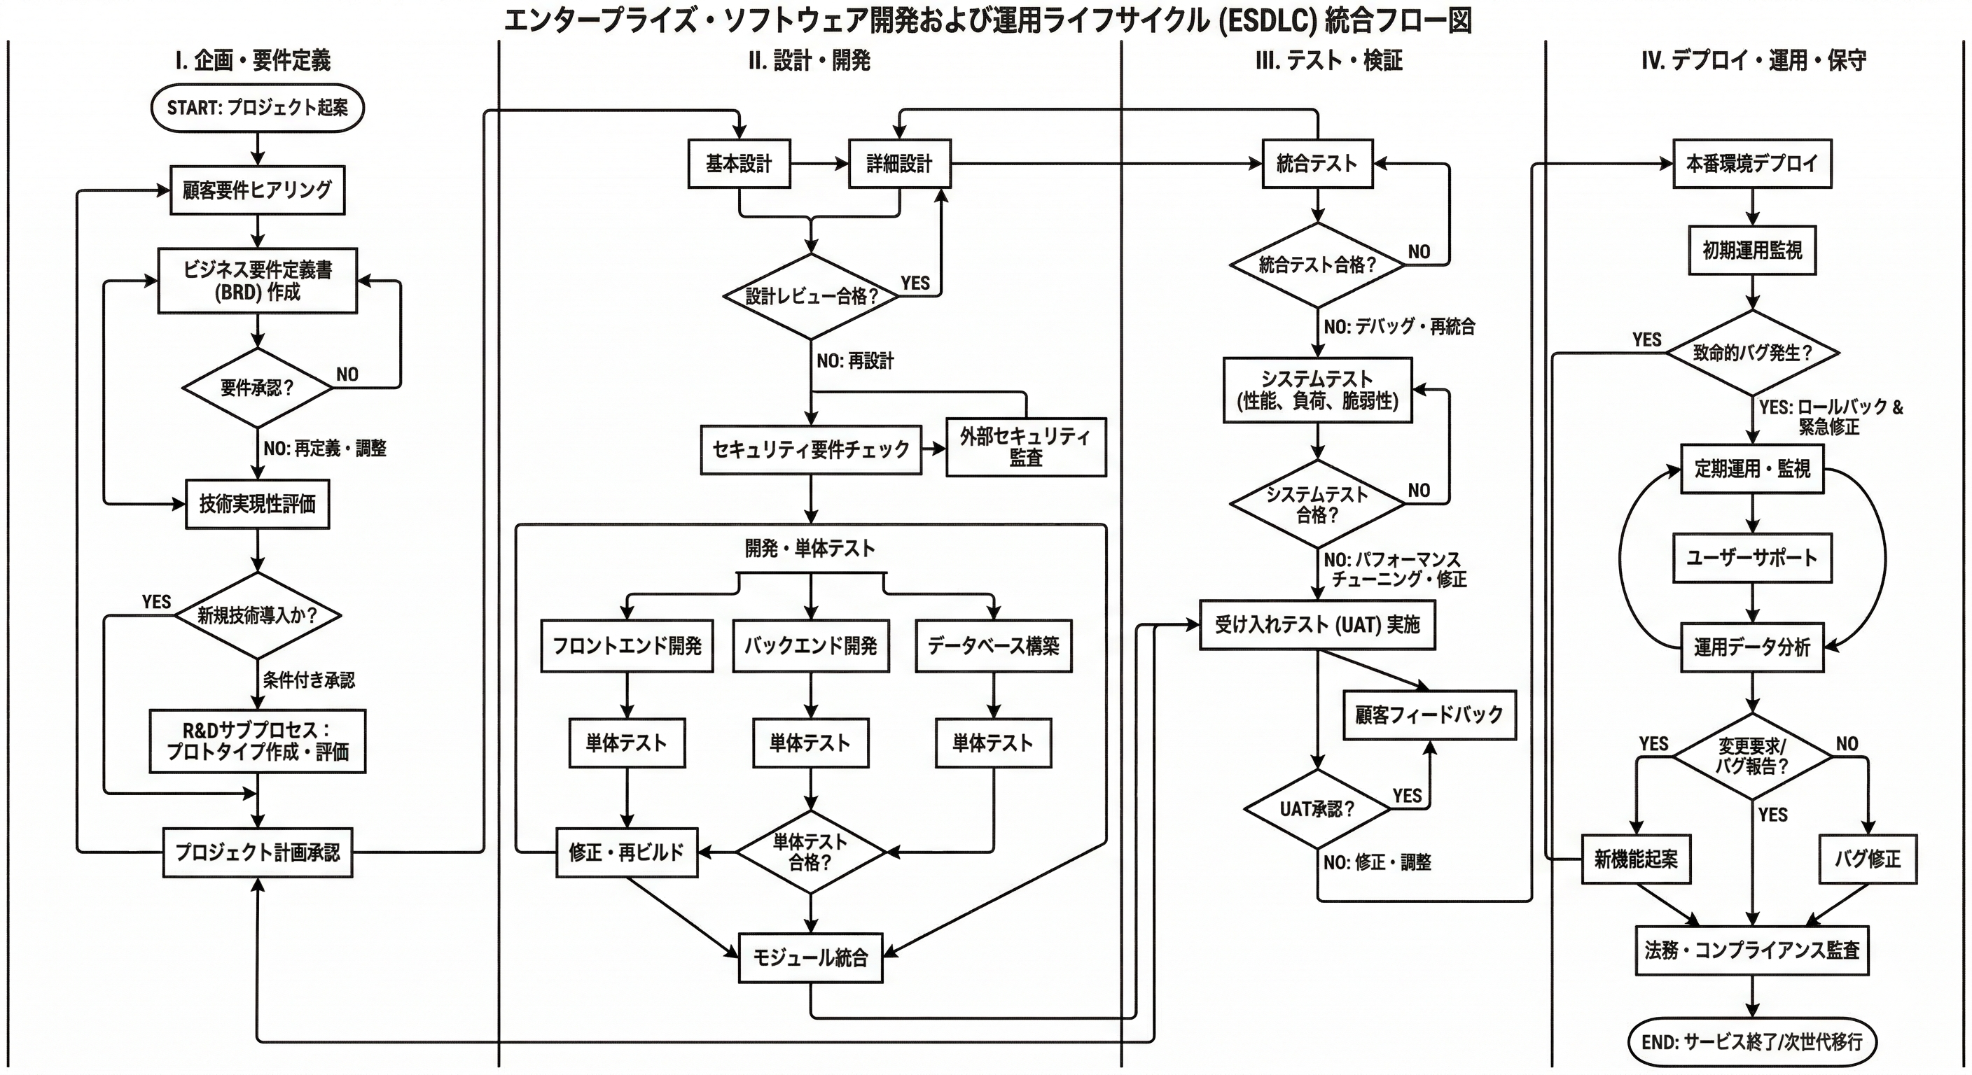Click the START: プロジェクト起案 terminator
(257, 108)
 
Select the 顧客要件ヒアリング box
(257, 190)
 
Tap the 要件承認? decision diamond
(257, 388)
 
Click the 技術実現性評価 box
(257, 504)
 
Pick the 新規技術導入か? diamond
(257, 615)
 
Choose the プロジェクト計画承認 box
(257, 852)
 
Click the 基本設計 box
(739, 163)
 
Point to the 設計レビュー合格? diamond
(812, 296)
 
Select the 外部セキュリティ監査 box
(1026, 447)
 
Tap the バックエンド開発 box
(811, 647)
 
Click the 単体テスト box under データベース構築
(993, 743)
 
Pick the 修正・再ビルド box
(626, 852)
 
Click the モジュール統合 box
(811, 957)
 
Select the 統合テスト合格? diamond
(1317, 265)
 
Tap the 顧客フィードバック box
(1429, 715)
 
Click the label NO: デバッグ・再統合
(1399, 327)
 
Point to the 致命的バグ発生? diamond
(1752, 353)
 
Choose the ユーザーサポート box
(1752, 558)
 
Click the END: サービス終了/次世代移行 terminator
(1751, 1041)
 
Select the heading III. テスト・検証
(1329, 60)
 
